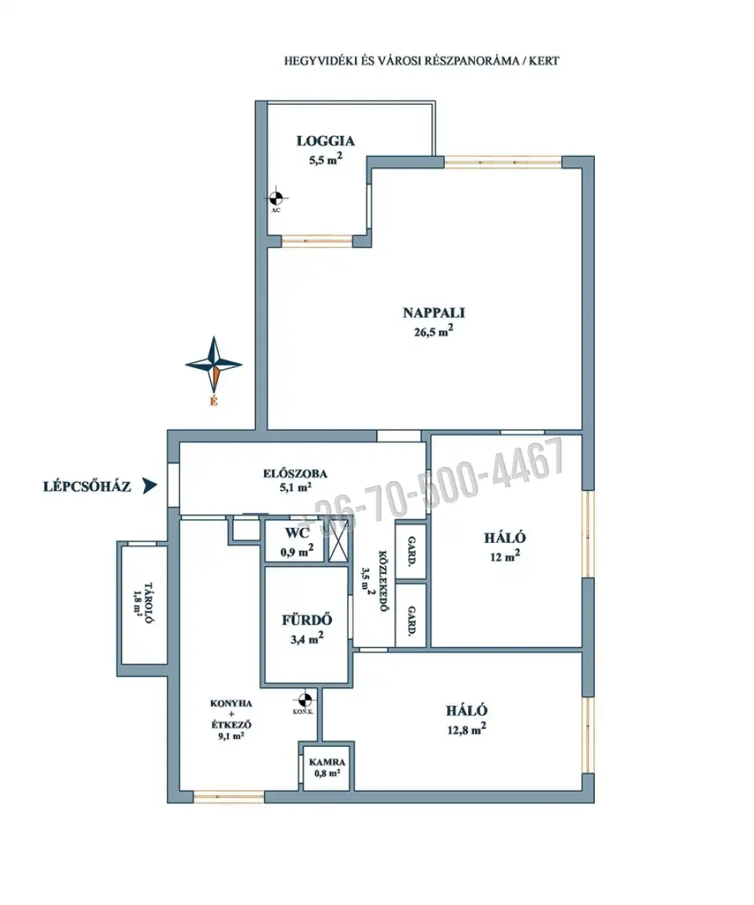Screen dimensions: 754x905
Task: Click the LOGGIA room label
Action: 326,141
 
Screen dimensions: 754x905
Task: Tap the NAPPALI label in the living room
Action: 434,312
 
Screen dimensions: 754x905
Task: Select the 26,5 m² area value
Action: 434,332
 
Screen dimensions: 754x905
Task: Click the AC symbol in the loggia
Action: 276,198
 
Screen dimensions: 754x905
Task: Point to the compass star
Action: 213,364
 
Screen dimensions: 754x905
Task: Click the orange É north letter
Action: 213,402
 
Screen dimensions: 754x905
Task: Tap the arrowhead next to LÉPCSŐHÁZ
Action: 150,486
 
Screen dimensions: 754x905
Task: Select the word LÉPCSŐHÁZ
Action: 87,486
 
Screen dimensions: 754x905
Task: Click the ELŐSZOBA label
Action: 295,474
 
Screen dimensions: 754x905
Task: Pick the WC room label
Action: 297,533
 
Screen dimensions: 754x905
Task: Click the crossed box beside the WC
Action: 338,541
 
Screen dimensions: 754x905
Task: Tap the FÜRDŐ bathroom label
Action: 307,620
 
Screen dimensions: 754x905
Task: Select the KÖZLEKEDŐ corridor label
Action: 382,581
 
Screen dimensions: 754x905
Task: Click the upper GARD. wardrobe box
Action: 411,551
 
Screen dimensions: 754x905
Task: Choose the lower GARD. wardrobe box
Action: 411,615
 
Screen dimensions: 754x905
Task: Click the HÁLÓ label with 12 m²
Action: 505,538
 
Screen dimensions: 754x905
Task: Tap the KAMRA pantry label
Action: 327,762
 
